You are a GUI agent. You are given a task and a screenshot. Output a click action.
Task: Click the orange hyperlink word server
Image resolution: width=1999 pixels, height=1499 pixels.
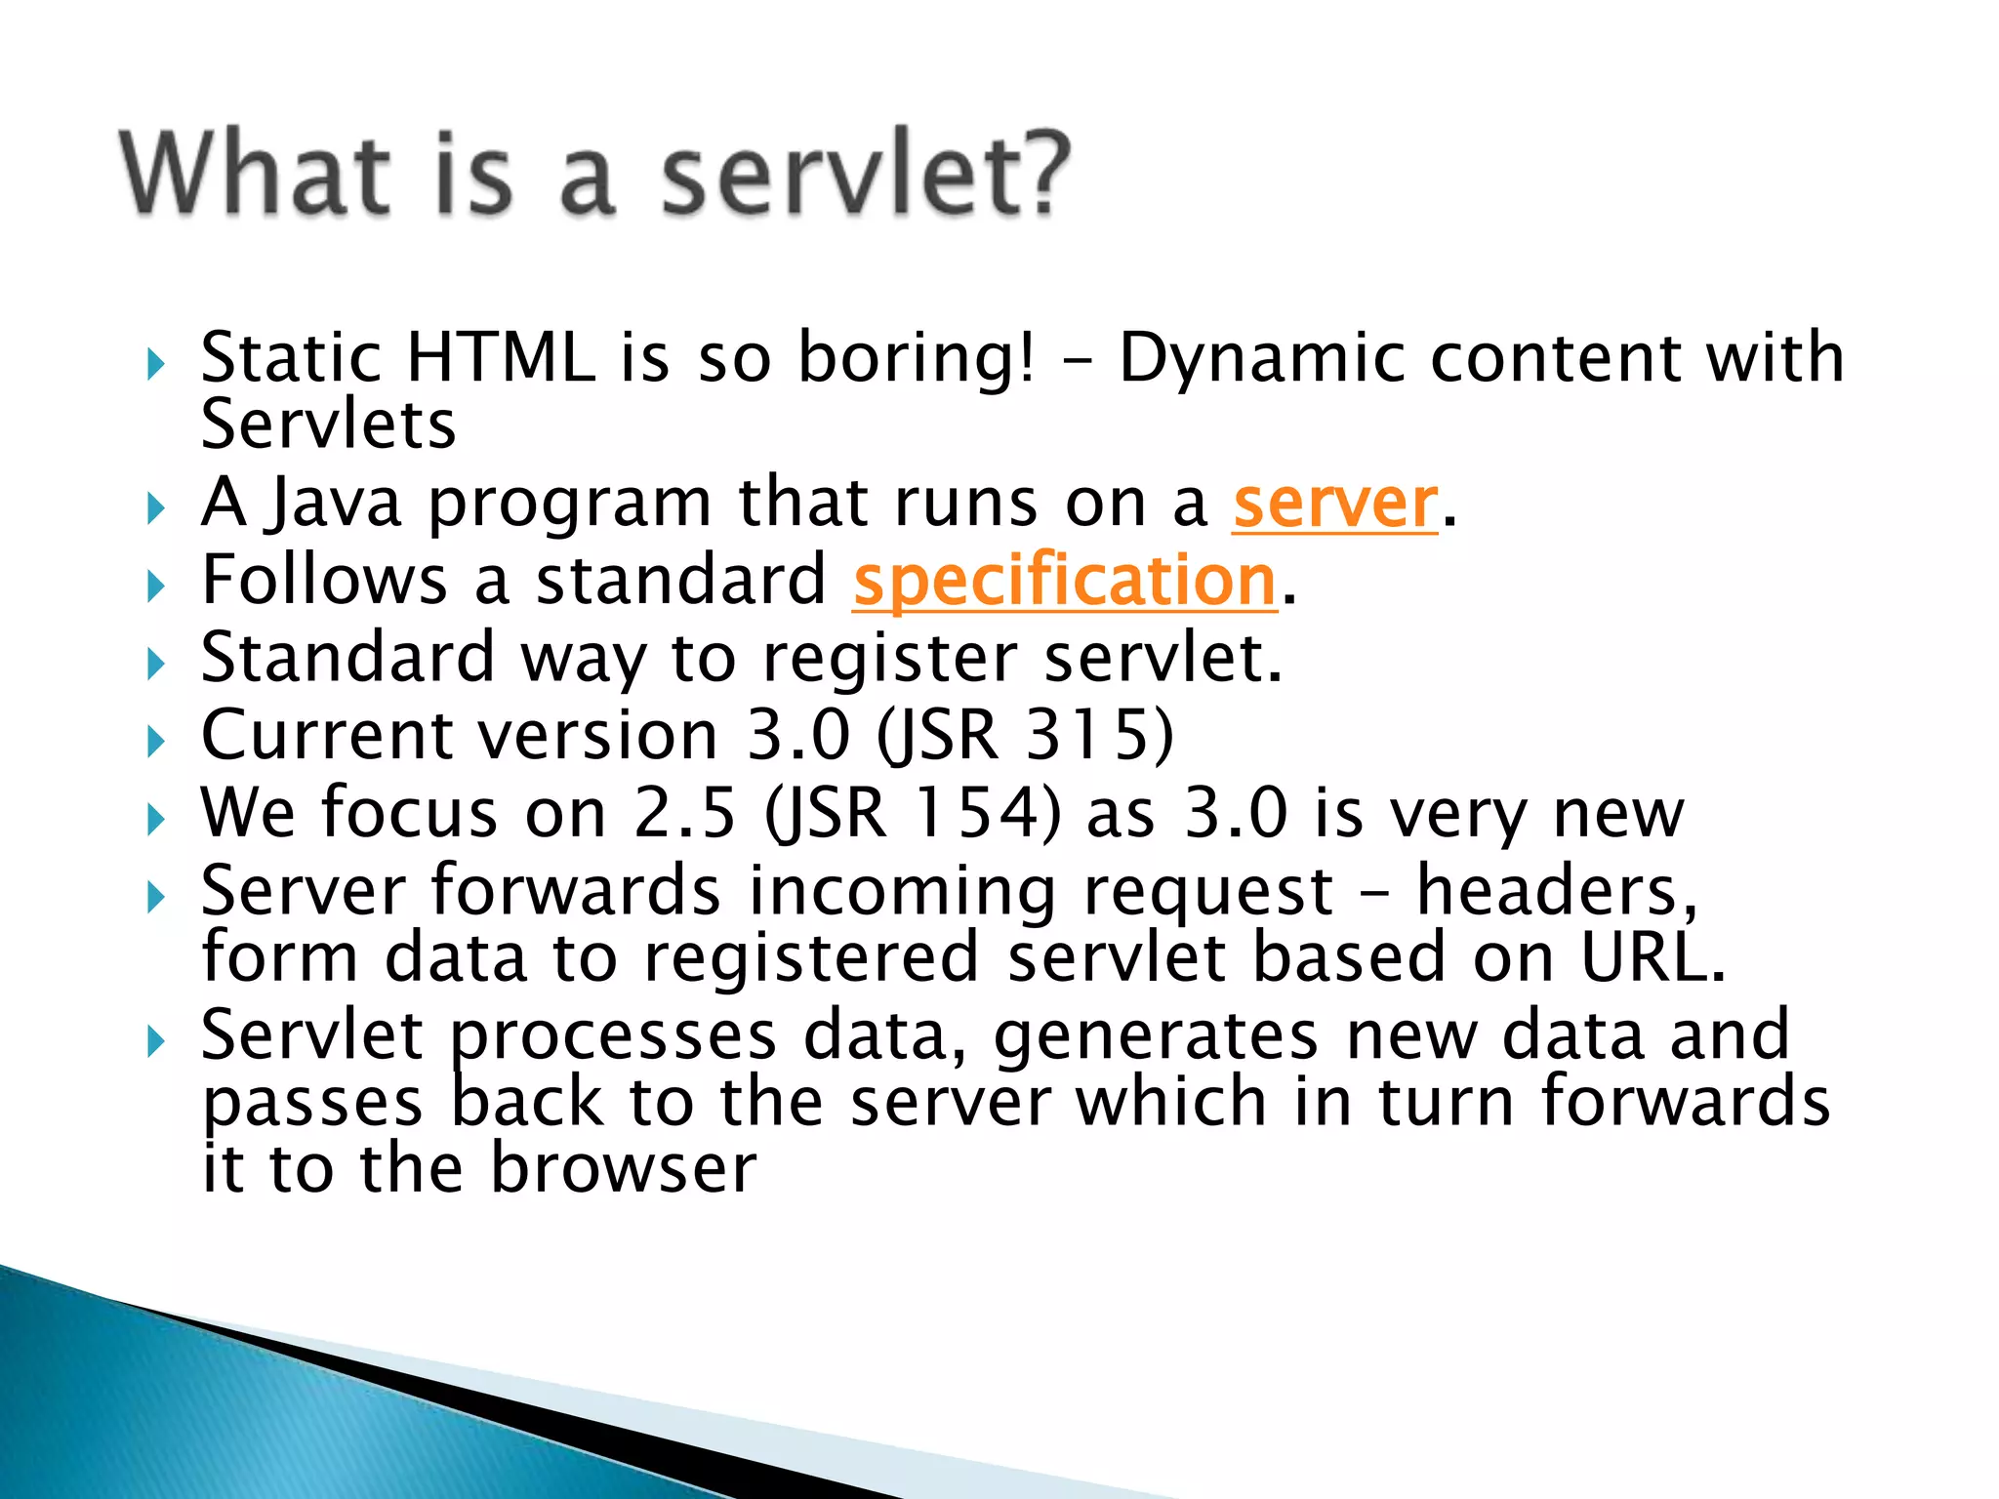pos(1334,504)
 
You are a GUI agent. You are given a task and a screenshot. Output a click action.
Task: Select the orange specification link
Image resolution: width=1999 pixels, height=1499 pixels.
pos(1064,582)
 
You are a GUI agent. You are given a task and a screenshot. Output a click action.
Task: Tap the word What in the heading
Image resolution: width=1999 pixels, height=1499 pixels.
pos(256,174)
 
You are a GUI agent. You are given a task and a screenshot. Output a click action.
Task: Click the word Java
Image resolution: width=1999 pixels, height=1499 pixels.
pos(335,506)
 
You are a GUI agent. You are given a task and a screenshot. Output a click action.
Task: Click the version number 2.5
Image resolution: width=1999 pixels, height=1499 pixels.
pos(683,813)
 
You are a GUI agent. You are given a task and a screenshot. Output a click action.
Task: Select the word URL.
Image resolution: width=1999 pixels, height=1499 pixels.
pos(1650,957)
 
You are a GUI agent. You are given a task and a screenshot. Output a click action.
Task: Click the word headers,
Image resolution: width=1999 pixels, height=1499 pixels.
pos(1556,891)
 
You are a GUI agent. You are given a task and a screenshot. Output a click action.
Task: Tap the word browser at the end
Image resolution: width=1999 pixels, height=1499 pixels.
pos(622,1168)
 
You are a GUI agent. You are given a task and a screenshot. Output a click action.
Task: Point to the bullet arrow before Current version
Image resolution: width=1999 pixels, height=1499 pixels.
pos(156,742)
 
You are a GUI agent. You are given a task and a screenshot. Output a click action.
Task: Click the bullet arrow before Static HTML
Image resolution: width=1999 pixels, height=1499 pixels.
pos(156,366)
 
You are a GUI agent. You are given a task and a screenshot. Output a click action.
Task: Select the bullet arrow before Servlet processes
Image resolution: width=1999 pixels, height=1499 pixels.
pos(156,1041)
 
